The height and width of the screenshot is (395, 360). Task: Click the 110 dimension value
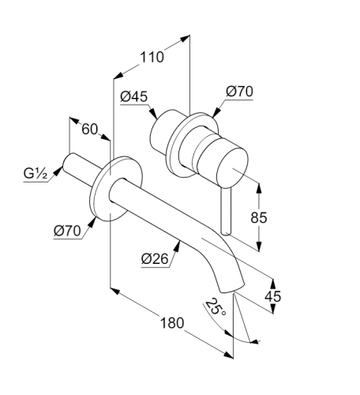[x=152, y=57]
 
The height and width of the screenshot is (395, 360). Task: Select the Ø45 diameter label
[x=134, y=96]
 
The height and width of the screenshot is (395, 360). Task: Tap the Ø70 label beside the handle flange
[x=239, y=92]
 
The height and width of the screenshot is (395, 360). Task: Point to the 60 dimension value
[x=89, y=130]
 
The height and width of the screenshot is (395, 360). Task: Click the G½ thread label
[x=36, y=174]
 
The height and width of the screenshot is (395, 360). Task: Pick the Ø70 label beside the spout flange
[x=67, y=231]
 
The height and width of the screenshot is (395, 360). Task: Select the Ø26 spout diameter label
[x=155, y=259]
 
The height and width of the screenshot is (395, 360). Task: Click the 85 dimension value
[x=259, y=217]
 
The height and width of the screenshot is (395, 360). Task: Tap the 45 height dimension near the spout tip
[x=273, y=296]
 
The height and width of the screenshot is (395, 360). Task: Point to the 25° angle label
[x=216, y=307]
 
